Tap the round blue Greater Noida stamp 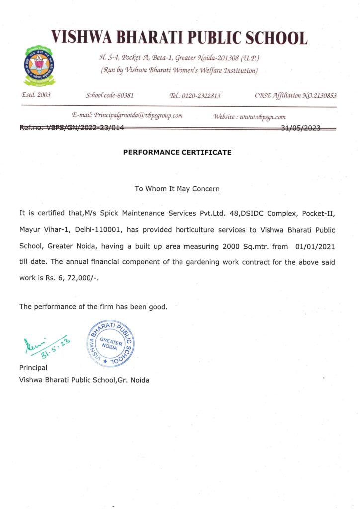[110, 342]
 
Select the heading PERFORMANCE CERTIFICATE [177, 152]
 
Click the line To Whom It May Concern [177, 189]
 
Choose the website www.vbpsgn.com [263, 117]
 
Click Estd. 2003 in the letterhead [35, 95]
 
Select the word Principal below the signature [33, 368]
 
